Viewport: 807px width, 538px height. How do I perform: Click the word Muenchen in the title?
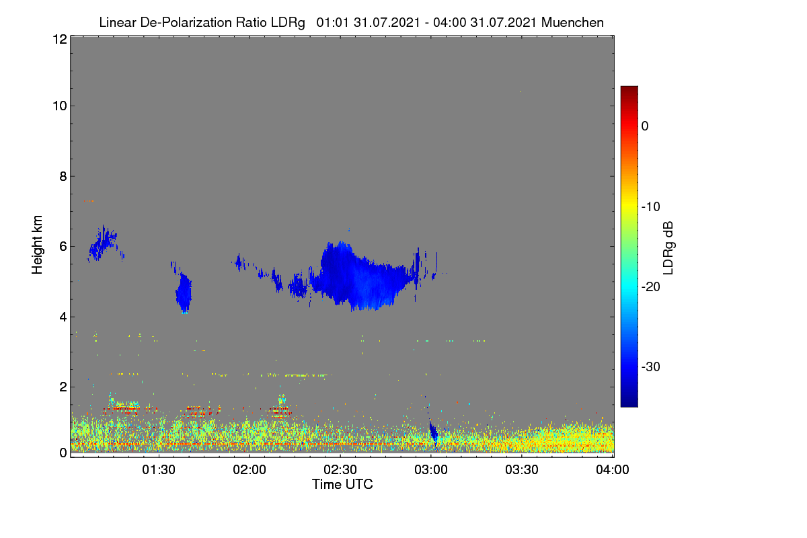pyautogui.click(x=572, y=23)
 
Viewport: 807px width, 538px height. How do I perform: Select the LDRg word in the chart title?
pyautogui.click(x=288, y=23)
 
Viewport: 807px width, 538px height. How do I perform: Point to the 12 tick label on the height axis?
pyautogui.click(x=60, y=39)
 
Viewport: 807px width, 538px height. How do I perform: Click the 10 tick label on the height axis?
pyautogui.click(x=60, y=106)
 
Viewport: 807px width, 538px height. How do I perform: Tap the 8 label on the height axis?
pyautogui.click(x=63, y=177)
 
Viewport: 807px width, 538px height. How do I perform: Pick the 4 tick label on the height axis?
pyautogui.click(x=63, y=317)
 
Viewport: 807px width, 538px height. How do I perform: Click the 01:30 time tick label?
pyautogui.click(x=159, y=469)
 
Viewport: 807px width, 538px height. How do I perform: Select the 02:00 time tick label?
pyautogui.click(x=249, y=469)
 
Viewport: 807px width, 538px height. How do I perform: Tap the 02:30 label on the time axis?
pyautogui.click(x=340, y=469)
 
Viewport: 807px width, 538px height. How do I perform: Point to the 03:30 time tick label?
pyautogui.click(x=522, y=469)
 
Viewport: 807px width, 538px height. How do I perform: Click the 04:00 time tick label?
pyautogui.click(x=613, y=469)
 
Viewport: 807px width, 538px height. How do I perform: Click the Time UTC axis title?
pyautogui.click(x=342, y=484)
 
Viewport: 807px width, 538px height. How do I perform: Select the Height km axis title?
pyautogui.click(x=37, y=245)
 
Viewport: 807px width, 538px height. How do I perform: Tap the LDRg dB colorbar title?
pyautogui.click(x=668, y=248)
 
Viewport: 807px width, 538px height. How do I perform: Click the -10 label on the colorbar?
pyautogui.click(x=651, y=207)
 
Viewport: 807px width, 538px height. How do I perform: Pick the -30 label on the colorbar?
pyautogui.click(x=651, y=367)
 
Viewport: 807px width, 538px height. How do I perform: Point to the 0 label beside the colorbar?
pyautogui.click(x=645, y=126)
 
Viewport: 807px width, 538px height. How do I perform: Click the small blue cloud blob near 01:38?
pyautogui.click(x=184, y=293)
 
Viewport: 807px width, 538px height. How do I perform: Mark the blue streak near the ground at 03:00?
pyautogui.click(x=433, y=434)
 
